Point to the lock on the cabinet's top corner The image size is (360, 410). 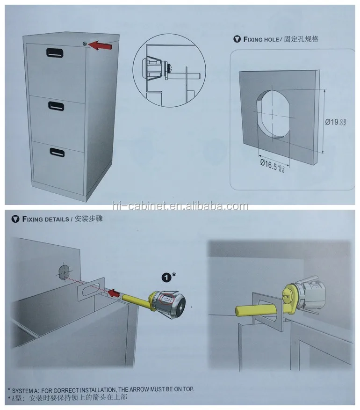pyautogui.click(x=83, y=44)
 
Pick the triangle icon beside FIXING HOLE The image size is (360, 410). pyautogui.click(x=236, y=39)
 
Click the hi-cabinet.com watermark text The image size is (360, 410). pyautogui.click(x=180, y=206)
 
